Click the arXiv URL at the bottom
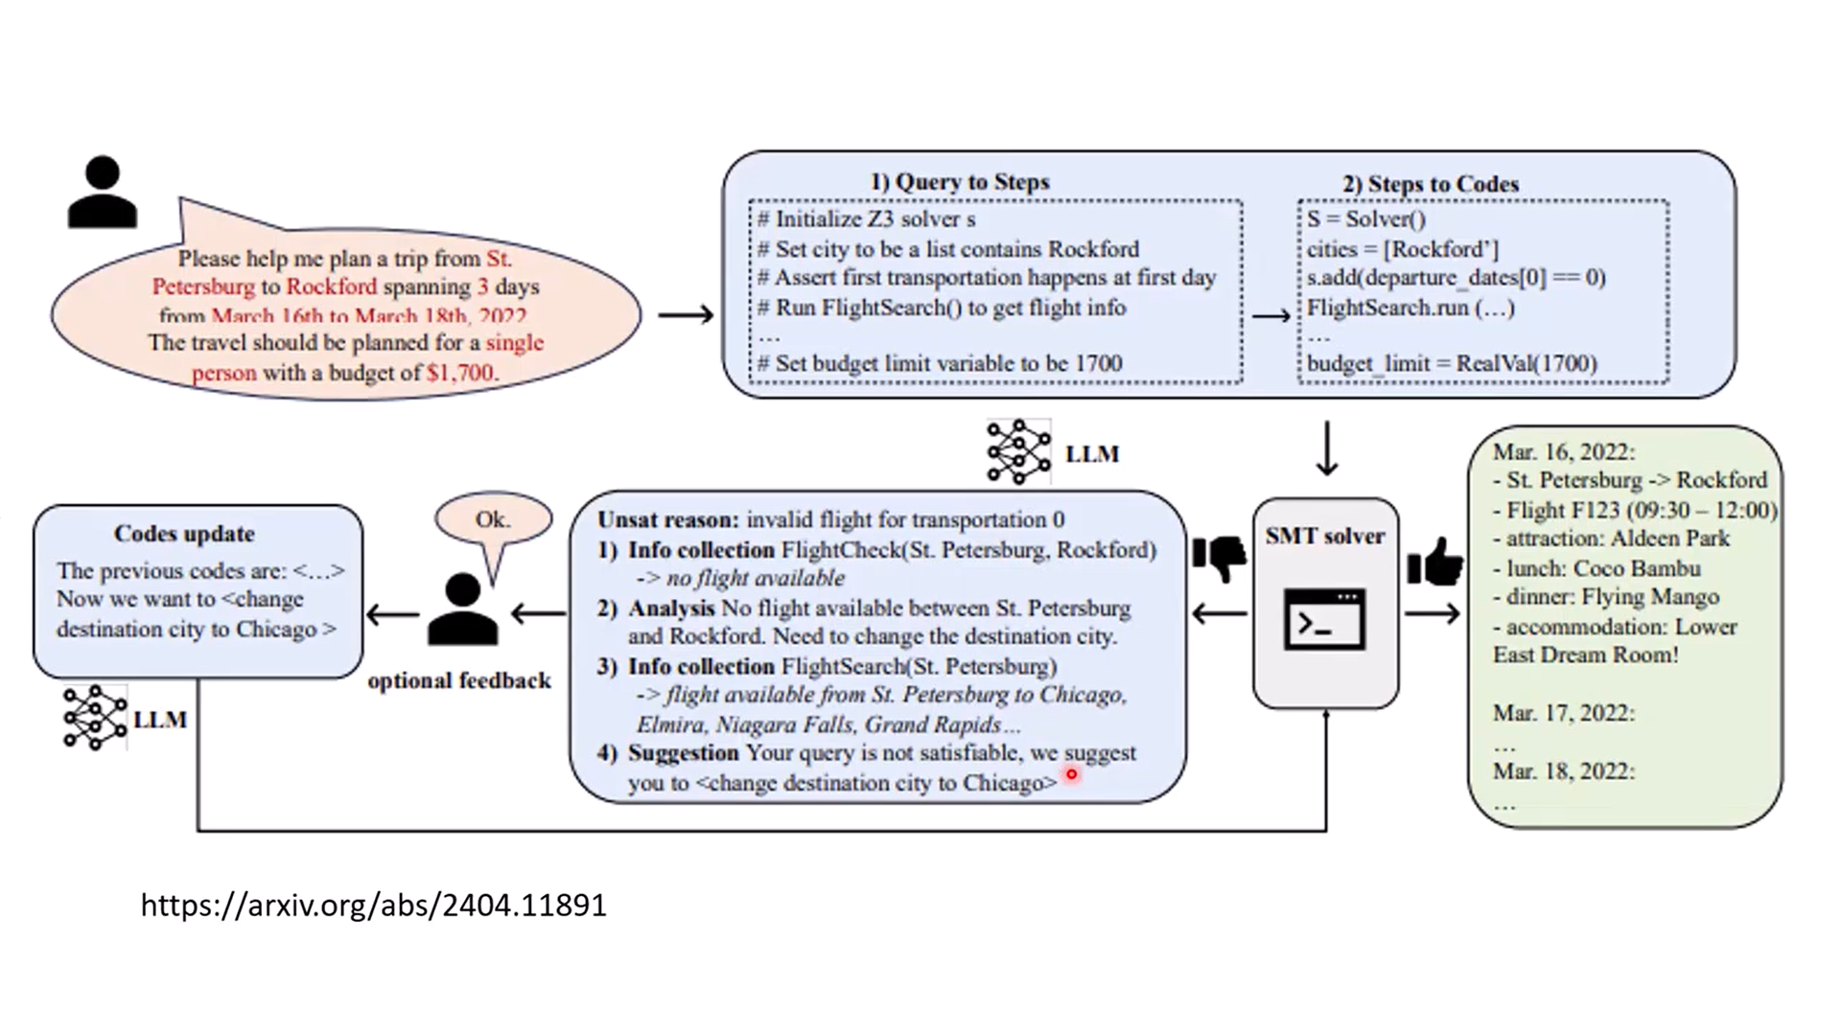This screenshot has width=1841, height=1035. pyautogui.click(x=373, y=906)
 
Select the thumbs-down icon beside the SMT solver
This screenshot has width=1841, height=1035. pyautogui.click(x=1219, y=557)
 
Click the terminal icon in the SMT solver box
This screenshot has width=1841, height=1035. pyautogui.click(x=1324, y=619)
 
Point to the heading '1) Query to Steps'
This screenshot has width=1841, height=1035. pyautogui.click(x=959, y=182)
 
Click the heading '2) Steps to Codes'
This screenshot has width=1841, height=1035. pyautogui.click(x=1430, y=184)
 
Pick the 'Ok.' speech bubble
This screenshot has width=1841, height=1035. pyautogui.click(x=493, y=520)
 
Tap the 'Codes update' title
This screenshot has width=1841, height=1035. pyautogui.click(x=184, y=534)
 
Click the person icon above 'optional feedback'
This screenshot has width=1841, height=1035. pyautogui.click(x=462, y=609)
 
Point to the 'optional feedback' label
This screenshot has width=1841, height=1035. pyautogui.click(x=459, y=680)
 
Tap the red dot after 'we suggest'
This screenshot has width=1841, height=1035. pyautogui.click(x=1071, y=774)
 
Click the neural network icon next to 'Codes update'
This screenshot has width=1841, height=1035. pyautogui.click(x=94, y=718)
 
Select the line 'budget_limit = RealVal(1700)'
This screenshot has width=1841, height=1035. pyautogui.click(x=1452, y=364)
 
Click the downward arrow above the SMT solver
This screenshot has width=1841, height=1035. pyautogui.click(x=1327, y=448)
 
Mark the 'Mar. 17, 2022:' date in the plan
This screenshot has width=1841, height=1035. pyautogui.click(x=1563, y=713)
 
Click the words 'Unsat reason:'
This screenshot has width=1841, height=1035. pyautogui.click(x=667, y=520)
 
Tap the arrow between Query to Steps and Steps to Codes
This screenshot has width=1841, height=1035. pyautogui.click(x=1270, y=316)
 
